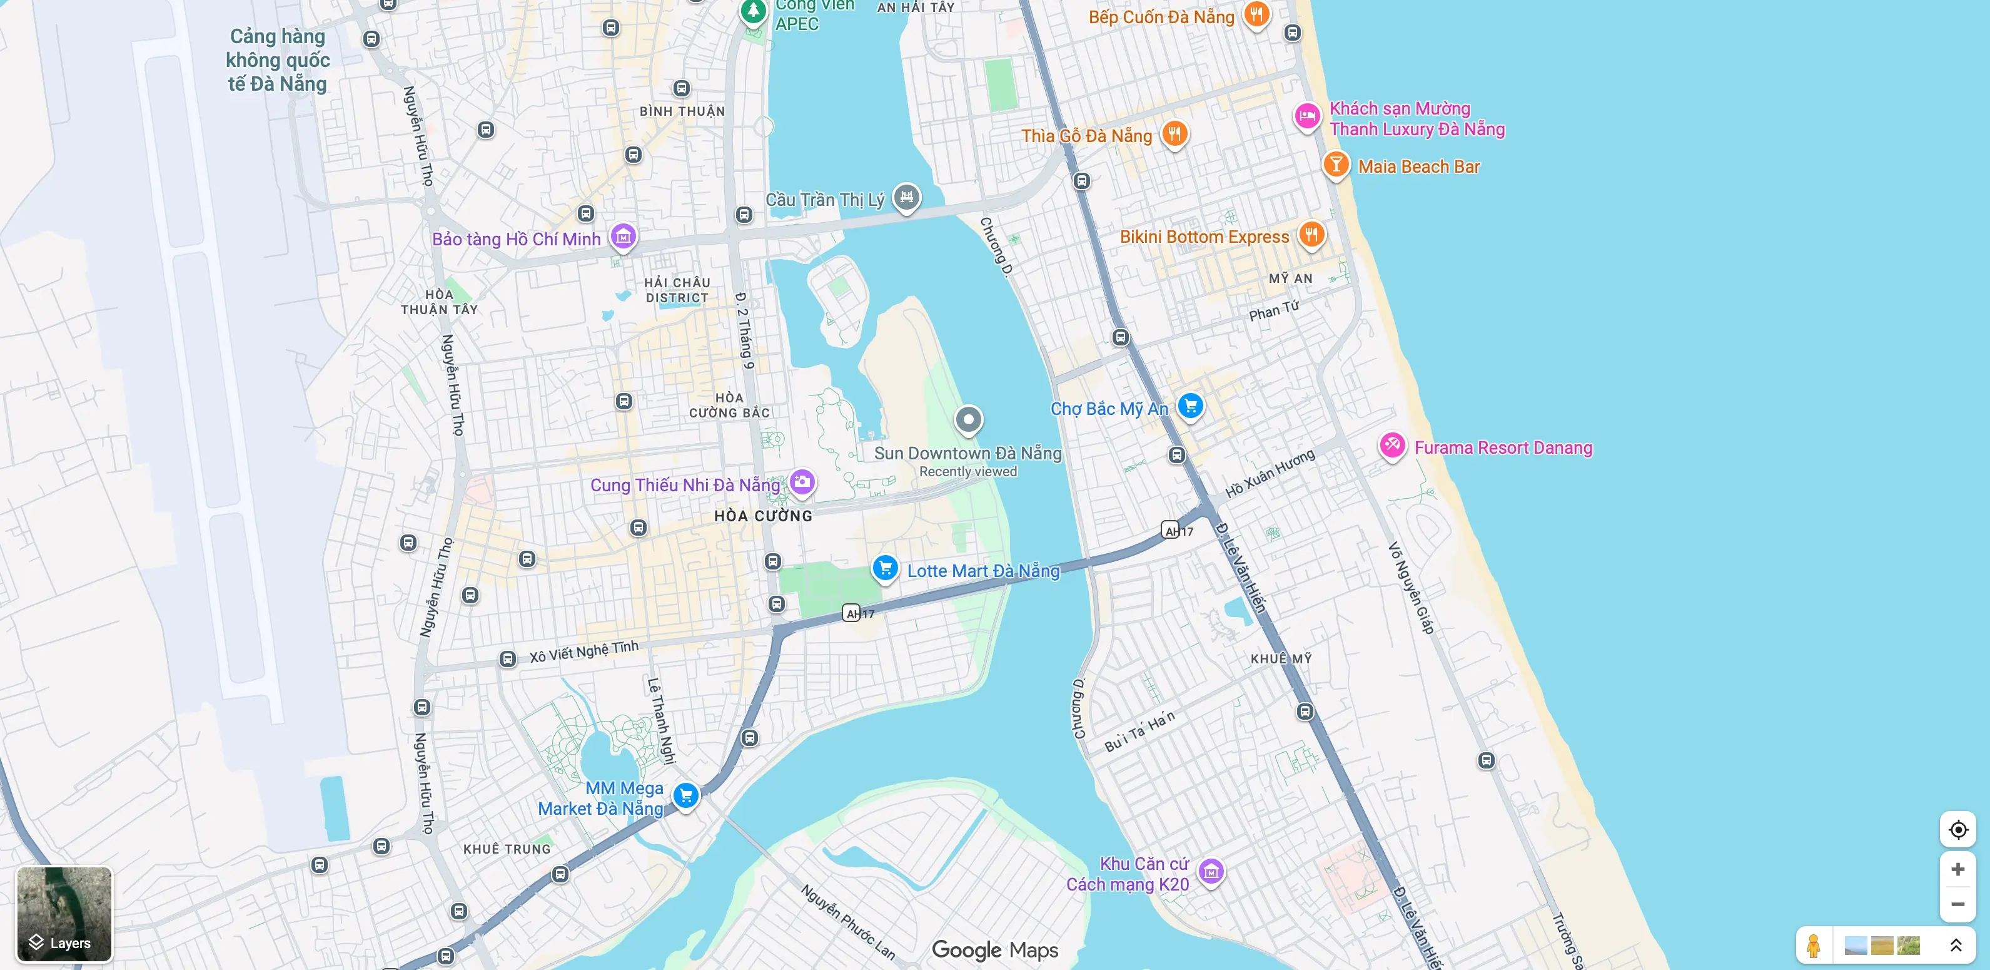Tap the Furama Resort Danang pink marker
pos(1392,445)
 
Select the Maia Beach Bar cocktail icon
pos(1336,165)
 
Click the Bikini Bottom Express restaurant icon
pos(1311,234)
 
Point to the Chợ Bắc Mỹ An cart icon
pos(1191,405)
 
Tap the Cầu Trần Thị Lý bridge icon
pos(906,197)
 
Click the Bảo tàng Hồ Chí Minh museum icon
pos(624,237)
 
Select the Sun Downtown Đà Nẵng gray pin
pos(968,420)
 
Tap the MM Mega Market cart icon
pos(685,795)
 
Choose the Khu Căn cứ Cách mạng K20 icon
pos(1211,872)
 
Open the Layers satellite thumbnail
pos(64,913)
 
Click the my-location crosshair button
pos(1957,829)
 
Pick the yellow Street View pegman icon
pos(1813,944)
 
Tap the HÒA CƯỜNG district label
pos(762,516)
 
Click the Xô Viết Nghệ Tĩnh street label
pos(584,651)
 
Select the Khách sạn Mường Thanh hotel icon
pos(1307,116)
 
